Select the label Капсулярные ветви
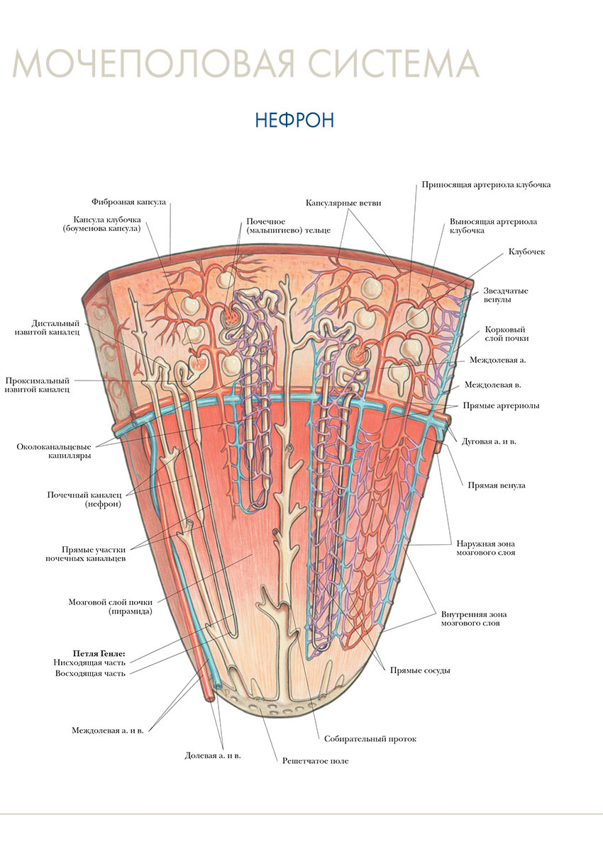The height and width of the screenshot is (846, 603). (343, 203)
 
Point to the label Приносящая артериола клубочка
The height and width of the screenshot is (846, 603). (486, 185)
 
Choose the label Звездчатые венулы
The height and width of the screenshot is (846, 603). (506, 295)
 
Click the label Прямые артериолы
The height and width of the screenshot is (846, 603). (500, 406)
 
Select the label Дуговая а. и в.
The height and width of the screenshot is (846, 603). (489, 441)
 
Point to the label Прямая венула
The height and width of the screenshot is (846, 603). (496, 486)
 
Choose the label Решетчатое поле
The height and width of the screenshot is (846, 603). (315, 761)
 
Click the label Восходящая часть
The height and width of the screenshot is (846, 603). (90, 673)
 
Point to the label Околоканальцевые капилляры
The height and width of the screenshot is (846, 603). (55, 451)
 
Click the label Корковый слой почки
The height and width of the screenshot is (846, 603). (507, 334)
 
